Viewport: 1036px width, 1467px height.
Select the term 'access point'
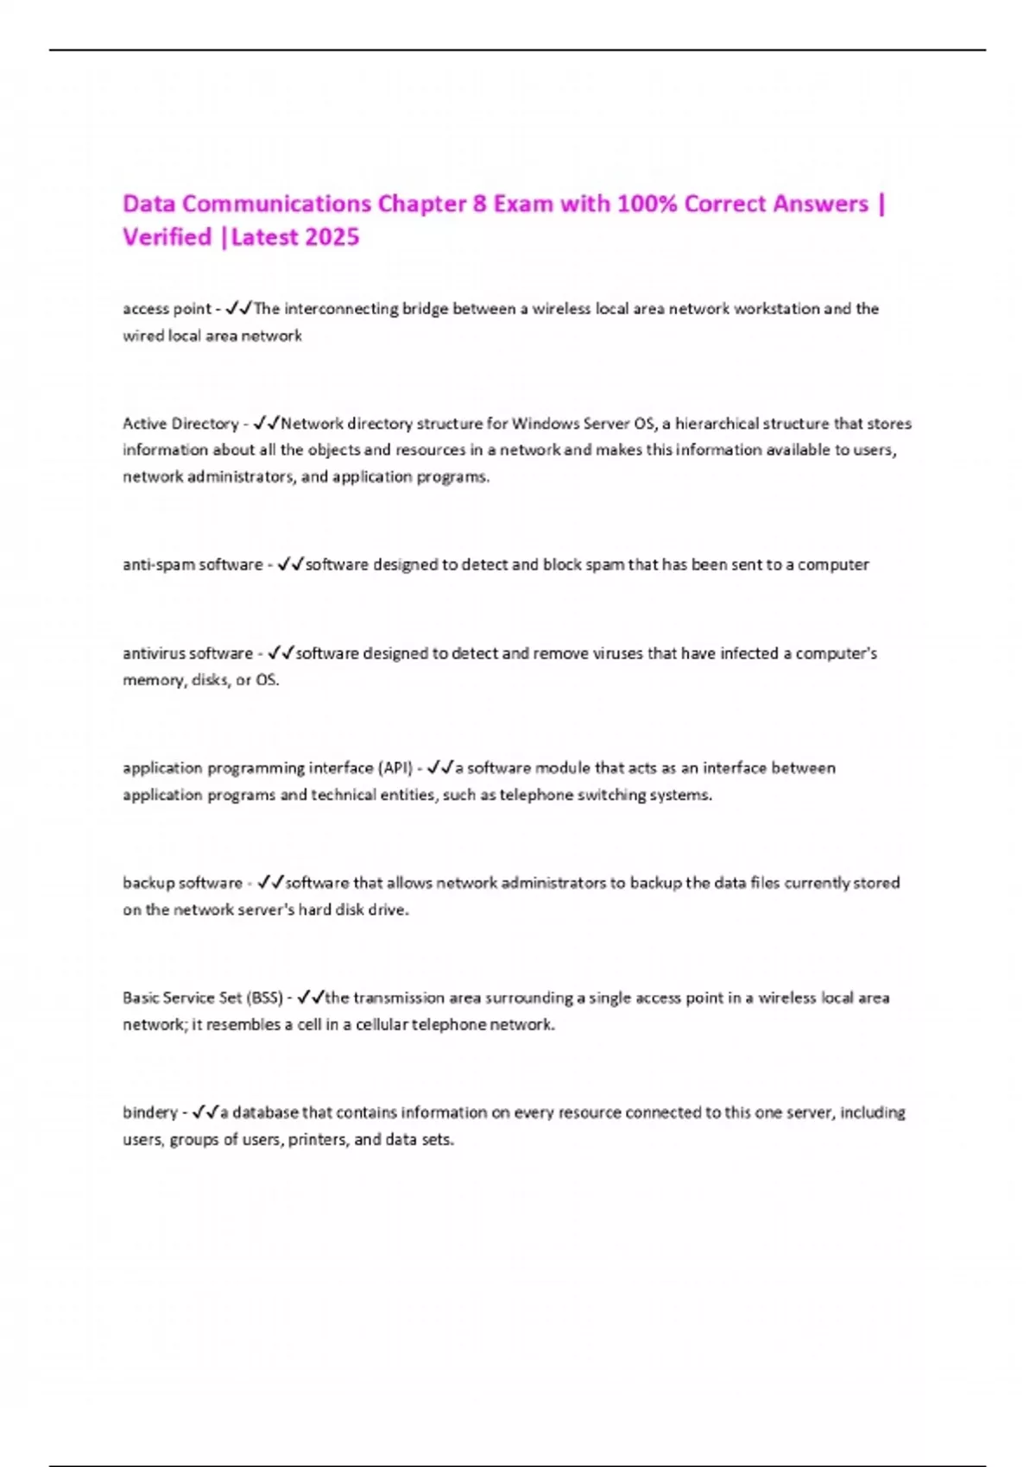click(x=167, y=309)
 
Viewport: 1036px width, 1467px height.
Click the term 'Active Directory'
click(x=180, y=424)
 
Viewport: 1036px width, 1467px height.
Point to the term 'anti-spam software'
click(x=193, y=564)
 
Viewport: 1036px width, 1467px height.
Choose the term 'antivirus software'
click(x=187, y=653)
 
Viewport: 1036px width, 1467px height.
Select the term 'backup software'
click(x=182, y=883)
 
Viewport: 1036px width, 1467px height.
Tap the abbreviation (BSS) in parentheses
click(x=265, y=998)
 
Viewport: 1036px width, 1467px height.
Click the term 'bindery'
click(x=149, y=1112)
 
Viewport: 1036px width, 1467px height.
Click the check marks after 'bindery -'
click(x=205, y=1112)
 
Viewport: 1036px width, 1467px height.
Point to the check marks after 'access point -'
click(x=237, y=309)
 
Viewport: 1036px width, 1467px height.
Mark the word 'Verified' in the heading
click(x=167, y=237)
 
